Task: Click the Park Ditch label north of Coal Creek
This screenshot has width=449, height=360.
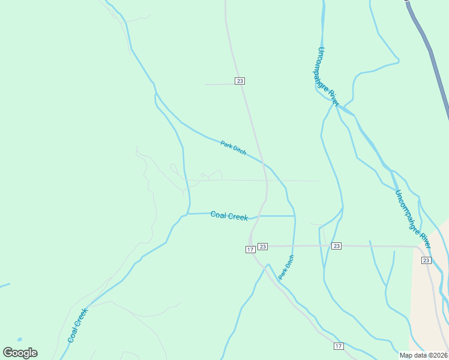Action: [233, 148]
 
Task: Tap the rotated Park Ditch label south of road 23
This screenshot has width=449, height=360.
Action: [286, 267]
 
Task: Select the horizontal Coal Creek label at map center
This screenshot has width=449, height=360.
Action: [229, 215]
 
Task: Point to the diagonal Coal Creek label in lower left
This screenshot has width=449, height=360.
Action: [77, 325]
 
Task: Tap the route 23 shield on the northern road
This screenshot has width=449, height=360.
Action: [240, 81]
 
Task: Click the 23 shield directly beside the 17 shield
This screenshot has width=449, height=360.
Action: [263, 246]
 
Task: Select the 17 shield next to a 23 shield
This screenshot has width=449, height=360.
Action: [250, 250]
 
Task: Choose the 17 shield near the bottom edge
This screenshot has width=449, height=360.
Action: [339, 347]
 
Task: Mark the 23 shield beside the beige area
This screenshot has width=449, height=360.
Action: [426, 260]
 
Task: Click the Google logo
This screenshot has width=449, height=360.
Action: [20, 353]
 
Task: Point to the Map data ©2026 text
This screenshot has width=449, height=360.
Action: [423, 355]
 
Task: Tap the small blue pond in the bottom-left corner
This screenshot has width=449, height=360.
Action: [20, 340]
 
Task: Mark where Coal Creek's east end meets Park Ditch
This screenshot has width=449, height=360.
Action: [295, 215]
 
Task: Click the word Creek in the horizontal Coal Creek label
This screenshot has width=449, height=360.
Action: [238, 216]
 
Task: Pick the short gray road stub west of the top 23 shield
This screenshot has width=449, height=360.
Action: [220, 85]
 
